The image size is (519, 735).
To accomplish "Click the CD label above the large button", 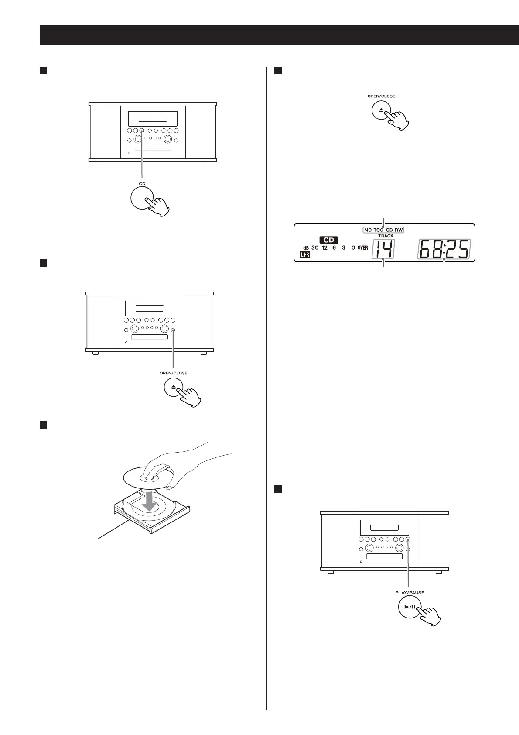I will (x=142, y=184).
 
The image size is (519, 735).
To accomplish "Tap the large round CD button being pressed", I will (x=142, y=199).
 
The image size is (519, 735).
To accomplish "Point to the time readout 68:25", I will (x=444, y=249).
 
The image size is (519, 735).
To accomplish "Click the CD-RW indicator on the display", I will (x=394, y=230).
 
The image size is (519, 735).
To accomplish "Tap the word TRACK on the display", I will (x=386, y=236).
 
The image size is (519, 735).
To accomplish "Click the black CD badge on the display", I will (x=328, y=240).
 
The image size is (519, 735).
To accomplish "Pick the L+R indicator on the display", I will (x=304, y=254).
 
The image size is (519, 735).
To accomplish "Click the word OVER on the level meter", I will (x=362, y=247).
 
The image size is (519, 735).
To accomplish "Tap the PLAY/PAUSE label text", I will (x=410, y=592).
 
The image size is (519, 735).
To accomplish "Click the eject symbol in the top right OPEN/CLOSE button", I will (x=381, y=111).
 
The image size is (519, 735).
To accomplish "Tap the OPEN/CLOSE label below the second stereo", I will (x=174, y=373).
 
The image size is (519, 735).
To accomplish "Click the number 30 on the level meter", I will (x=315, y=247).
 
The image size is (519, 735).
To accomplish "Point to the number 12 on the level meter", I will (x=324, y=247).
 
